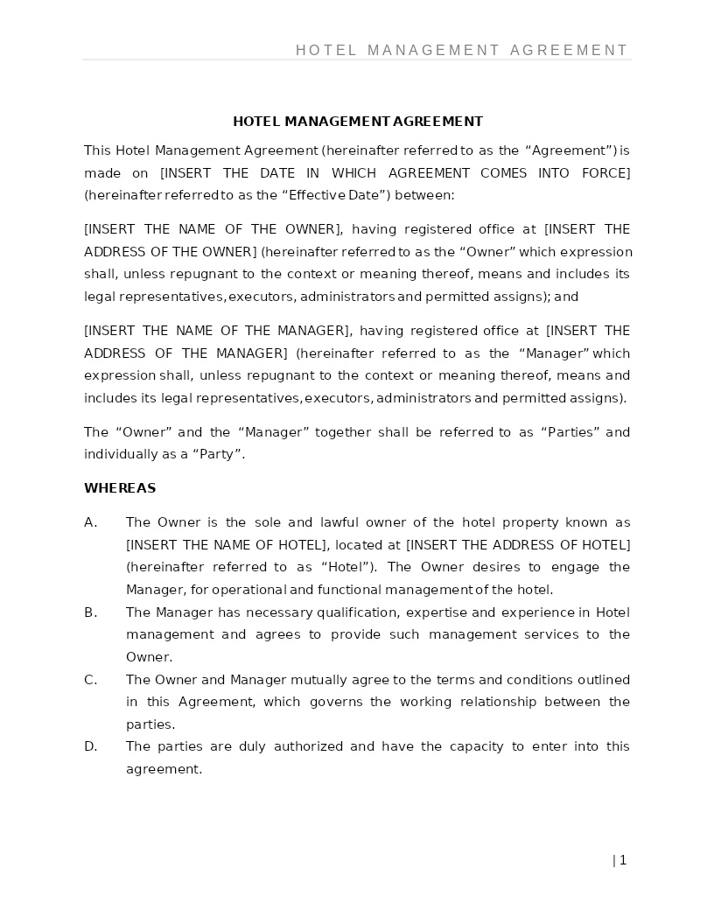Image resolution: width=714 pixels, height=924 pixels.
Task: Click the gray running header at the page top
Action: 461,51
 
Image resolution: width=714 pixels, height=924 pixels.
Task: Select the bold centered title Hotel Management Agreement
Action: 357,122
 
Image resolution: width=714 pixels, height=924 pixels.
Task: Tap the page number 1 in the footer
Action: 622,860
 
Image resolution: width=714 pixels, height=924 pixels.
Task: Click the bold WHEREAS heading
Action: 120,488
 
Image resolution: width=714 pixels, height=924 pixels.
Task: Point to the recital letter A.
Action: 90,522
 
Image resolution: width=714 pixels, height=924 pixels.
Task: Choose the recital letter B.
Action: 90,612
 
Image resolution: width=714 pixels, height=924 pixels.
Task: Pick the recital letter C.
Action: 90,680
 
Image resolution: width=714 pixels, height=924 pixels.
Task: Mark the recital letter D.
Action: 90,746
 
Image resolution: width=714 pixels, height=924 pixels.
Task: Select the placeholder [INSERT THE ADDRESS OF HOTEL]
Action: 518,545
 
